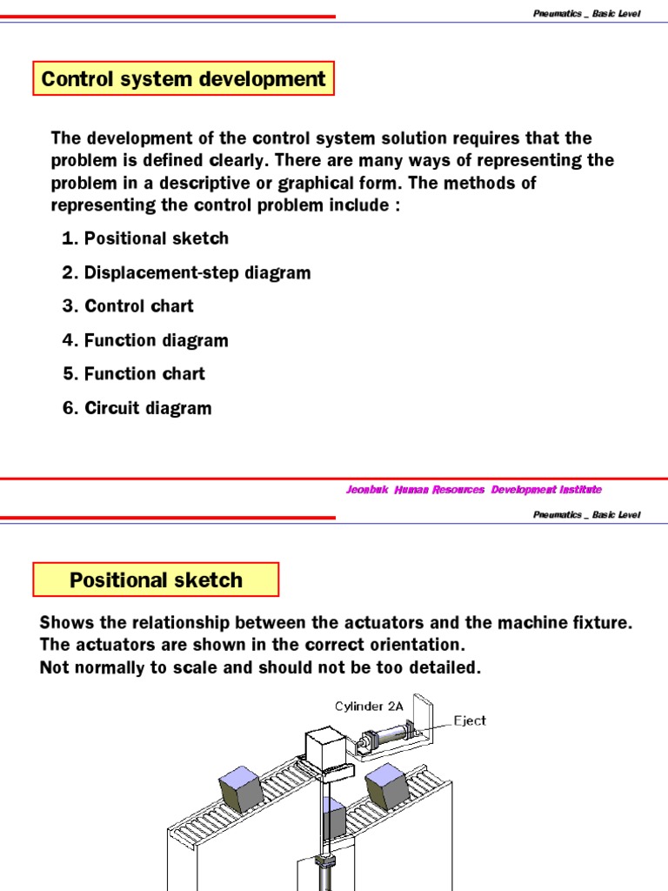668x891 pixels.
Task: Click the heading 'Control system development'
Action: point(184,79)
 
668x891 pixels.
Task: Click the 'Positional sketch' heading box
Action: point(156,579)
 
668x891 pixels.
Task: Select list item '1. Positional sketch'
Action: point(145,238)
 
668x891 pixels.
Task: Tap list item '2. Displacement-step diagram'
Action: point(186,272)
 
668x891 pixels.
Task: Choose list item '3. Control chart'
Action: point(128,306)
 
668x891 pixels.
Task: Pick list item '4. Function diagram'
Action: point(145,340)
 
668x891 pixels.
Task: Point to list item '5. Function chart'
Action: point(134,374)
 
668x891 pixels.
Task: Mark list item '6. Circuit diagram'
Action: point(137,408)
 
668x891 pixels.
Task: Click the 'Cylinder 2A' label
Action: point(370,706)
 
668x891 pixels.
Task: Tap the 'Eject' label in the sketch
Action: point(470,720)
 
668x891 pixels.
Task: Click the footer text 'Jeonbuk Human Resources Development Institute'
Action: point(473,490)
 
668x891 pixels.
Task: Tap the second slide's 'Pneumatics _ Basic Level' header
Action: point(586,514)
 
